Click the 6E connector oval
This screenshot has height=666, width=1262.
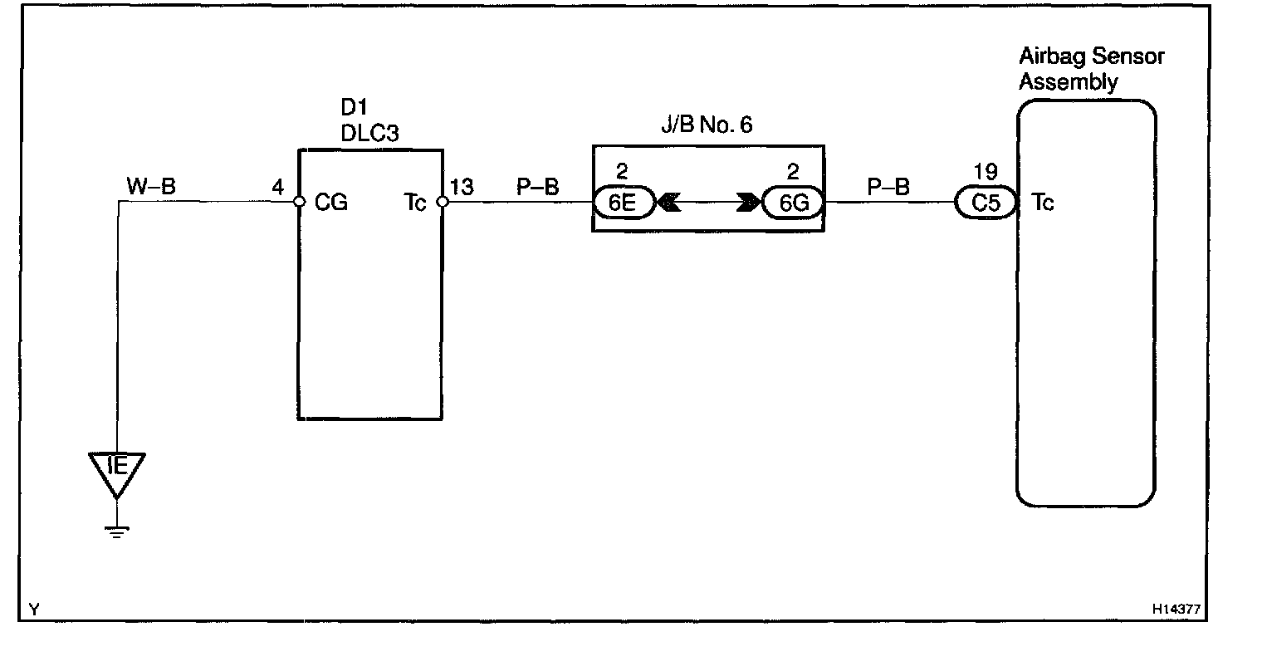tap(624, 203)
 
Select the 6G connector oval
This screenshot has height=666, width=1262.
tap(791, 203)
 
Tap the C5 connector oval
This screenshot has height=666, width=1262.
tap(986, 203)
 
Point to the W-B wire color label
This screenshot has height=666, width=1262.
tap(151, 187)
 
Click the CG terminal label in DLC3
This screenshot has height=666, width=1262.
tap(331, 203)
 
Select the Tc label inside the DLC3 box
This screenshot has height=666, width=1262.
tap(415, 203)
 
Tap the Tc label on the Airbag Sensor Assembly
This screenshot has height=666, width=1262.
tap(1043, 202)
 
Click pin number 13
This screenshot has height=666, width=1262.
tap(462, 188)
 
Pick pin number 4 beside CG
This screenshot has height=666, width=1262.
tap(278, 188)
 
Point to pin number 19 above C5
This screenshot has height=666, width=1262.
tap(986, 173)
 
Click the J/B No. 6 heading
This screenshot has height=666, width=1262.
tap(705, 126)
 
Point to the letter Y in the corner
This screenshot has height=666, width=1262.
tap(33, 610)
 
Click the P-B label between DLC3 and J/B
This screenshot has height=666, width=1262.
tap(538, 188)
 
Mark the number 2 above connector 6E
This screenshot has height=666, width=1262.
tap(623, 173)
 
